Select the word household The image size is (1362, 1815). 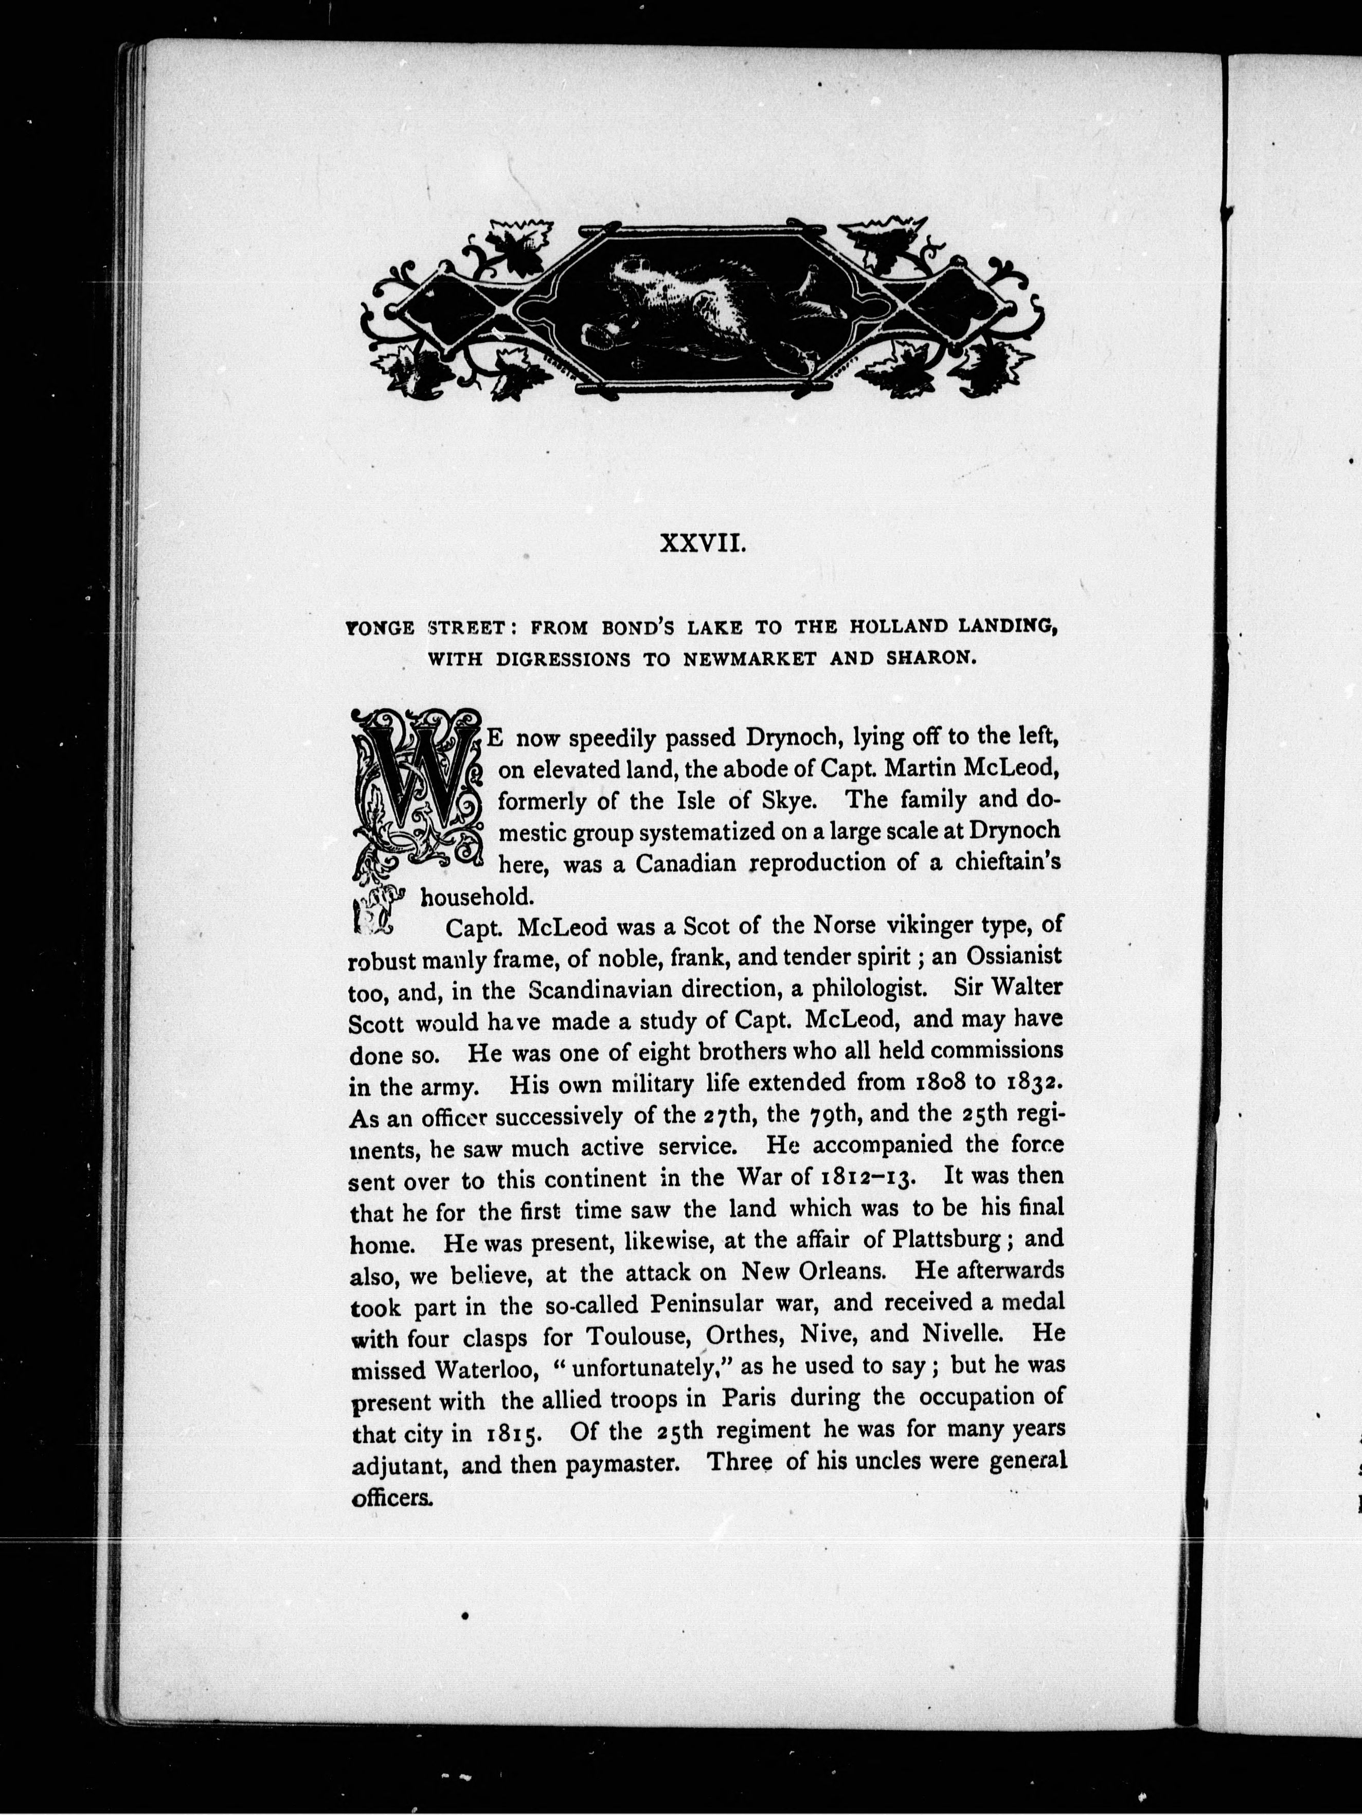(466, 896)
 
